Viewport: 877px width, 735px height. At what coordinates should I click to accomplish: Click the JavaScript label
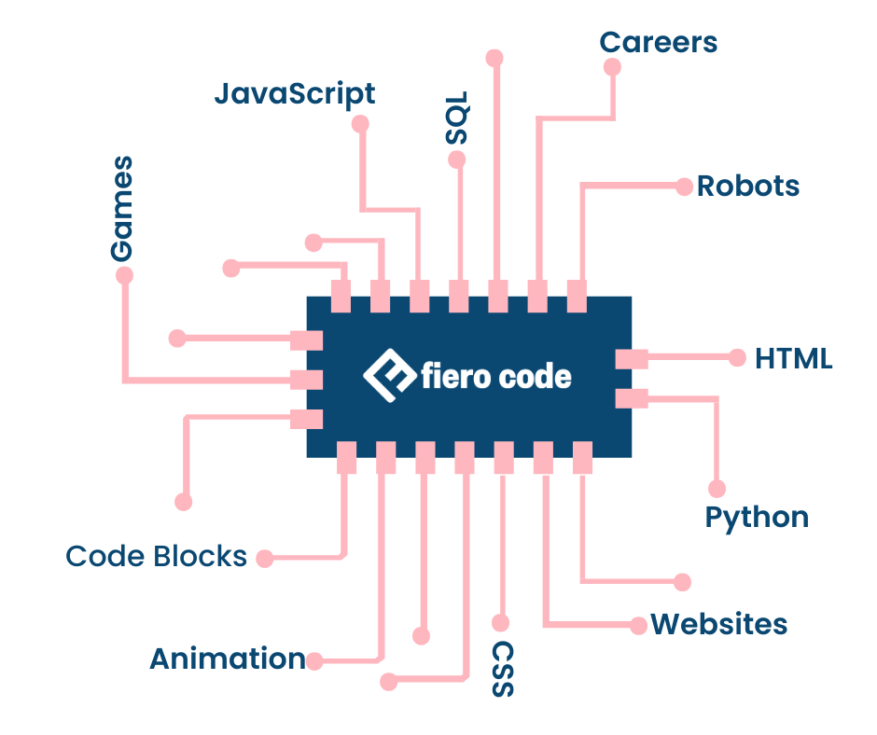tap(294, 94)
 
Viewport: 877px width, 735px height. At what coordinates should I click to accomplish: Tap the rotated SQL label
tap(456, 117)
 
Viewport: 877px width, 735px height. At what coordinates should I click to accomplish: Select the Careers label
tap(658, 42)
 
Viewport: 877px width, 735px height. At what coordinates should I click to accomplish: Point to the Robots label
tap(748, 186)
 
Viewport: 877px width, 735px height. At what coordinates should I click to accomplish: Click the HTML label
tap(793, 358)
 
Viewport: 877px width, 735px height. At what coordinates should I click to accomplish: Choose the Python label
tap(757, 517)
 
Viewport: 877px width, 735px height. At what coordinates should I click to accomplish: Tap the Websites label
tap(718, 624)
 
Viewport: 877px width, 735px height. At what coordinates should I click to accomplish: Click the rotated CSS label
tap(503, 669)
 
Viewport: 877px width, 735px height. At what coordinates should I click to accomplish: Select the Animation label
tap(227, 659)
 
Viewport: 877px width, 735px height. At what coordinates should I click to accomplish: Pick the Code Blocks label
tap(156, 557)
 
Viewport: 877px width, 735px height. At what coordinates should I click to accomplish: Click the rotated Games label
tap(121, 208)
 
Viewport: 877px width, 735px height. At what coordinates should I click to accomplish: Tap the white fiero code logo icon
tap(388, 376)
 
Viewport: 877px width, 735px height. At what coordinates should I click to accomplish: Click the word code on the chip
tap(534, 377)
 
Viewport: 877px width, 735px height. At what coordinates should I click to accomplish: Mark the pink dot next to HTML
tap(737, 357)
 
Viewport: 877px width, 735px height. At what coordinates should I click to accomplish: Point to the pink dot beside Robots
tap(684, 186)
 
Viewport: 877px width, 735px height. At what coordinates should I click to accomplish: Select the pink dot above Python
tap(717, 489)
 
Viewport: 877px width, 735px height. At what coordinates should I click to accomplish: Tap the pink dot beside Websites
tap(637, 625)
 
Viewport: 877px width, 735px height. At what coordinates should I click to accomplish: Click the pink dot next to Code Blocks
tap(265, 559)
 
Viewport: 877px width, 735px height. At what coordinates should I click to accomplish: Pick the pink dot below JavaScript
tap(360, 124)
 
